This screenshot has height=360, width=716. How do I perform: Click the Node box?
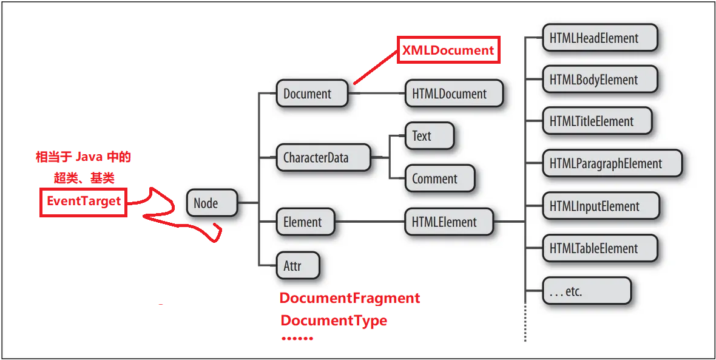tap(211, 203)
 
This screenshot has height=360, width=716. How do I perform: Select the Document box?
tap(312, 94)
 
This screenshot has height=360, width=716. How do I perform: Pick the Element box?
tap(305, 222)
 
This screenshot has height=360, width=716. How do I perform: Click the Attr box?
tap(297, 265)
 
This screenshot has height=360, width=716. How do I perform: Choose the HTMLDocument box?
tap(454, 94)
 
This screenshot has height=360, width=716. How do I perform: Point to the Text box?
tap(429, 136)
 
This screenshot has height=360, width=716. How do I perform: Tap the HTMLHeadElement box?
tap(599, 38)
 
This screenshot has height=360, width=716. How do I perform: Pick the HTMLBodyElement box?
tap(599, 80)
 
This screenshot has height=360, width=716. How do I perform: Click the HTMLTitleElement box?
tap(596, 121)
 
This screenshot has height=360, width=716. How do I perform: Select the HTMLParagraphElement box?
tap(612, 163)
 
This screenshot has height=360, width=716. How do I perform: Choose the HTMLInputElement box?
tap(599, 206)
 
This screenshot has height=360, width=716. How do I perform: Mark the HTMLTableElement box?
tap(599, 248)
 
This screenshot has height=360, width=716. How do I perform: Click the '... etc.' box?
tap(586, 291)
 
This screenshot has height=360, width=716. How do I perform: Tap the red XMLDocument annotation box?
tap(448, 50)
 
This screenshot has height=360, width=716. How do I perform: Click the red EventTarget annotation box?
tap(84, 201)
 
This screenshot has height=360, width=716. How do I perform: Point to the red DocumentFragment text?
tap(350, 298)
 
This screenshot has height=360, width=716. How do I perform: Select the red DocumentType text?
tap(334, 320)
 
